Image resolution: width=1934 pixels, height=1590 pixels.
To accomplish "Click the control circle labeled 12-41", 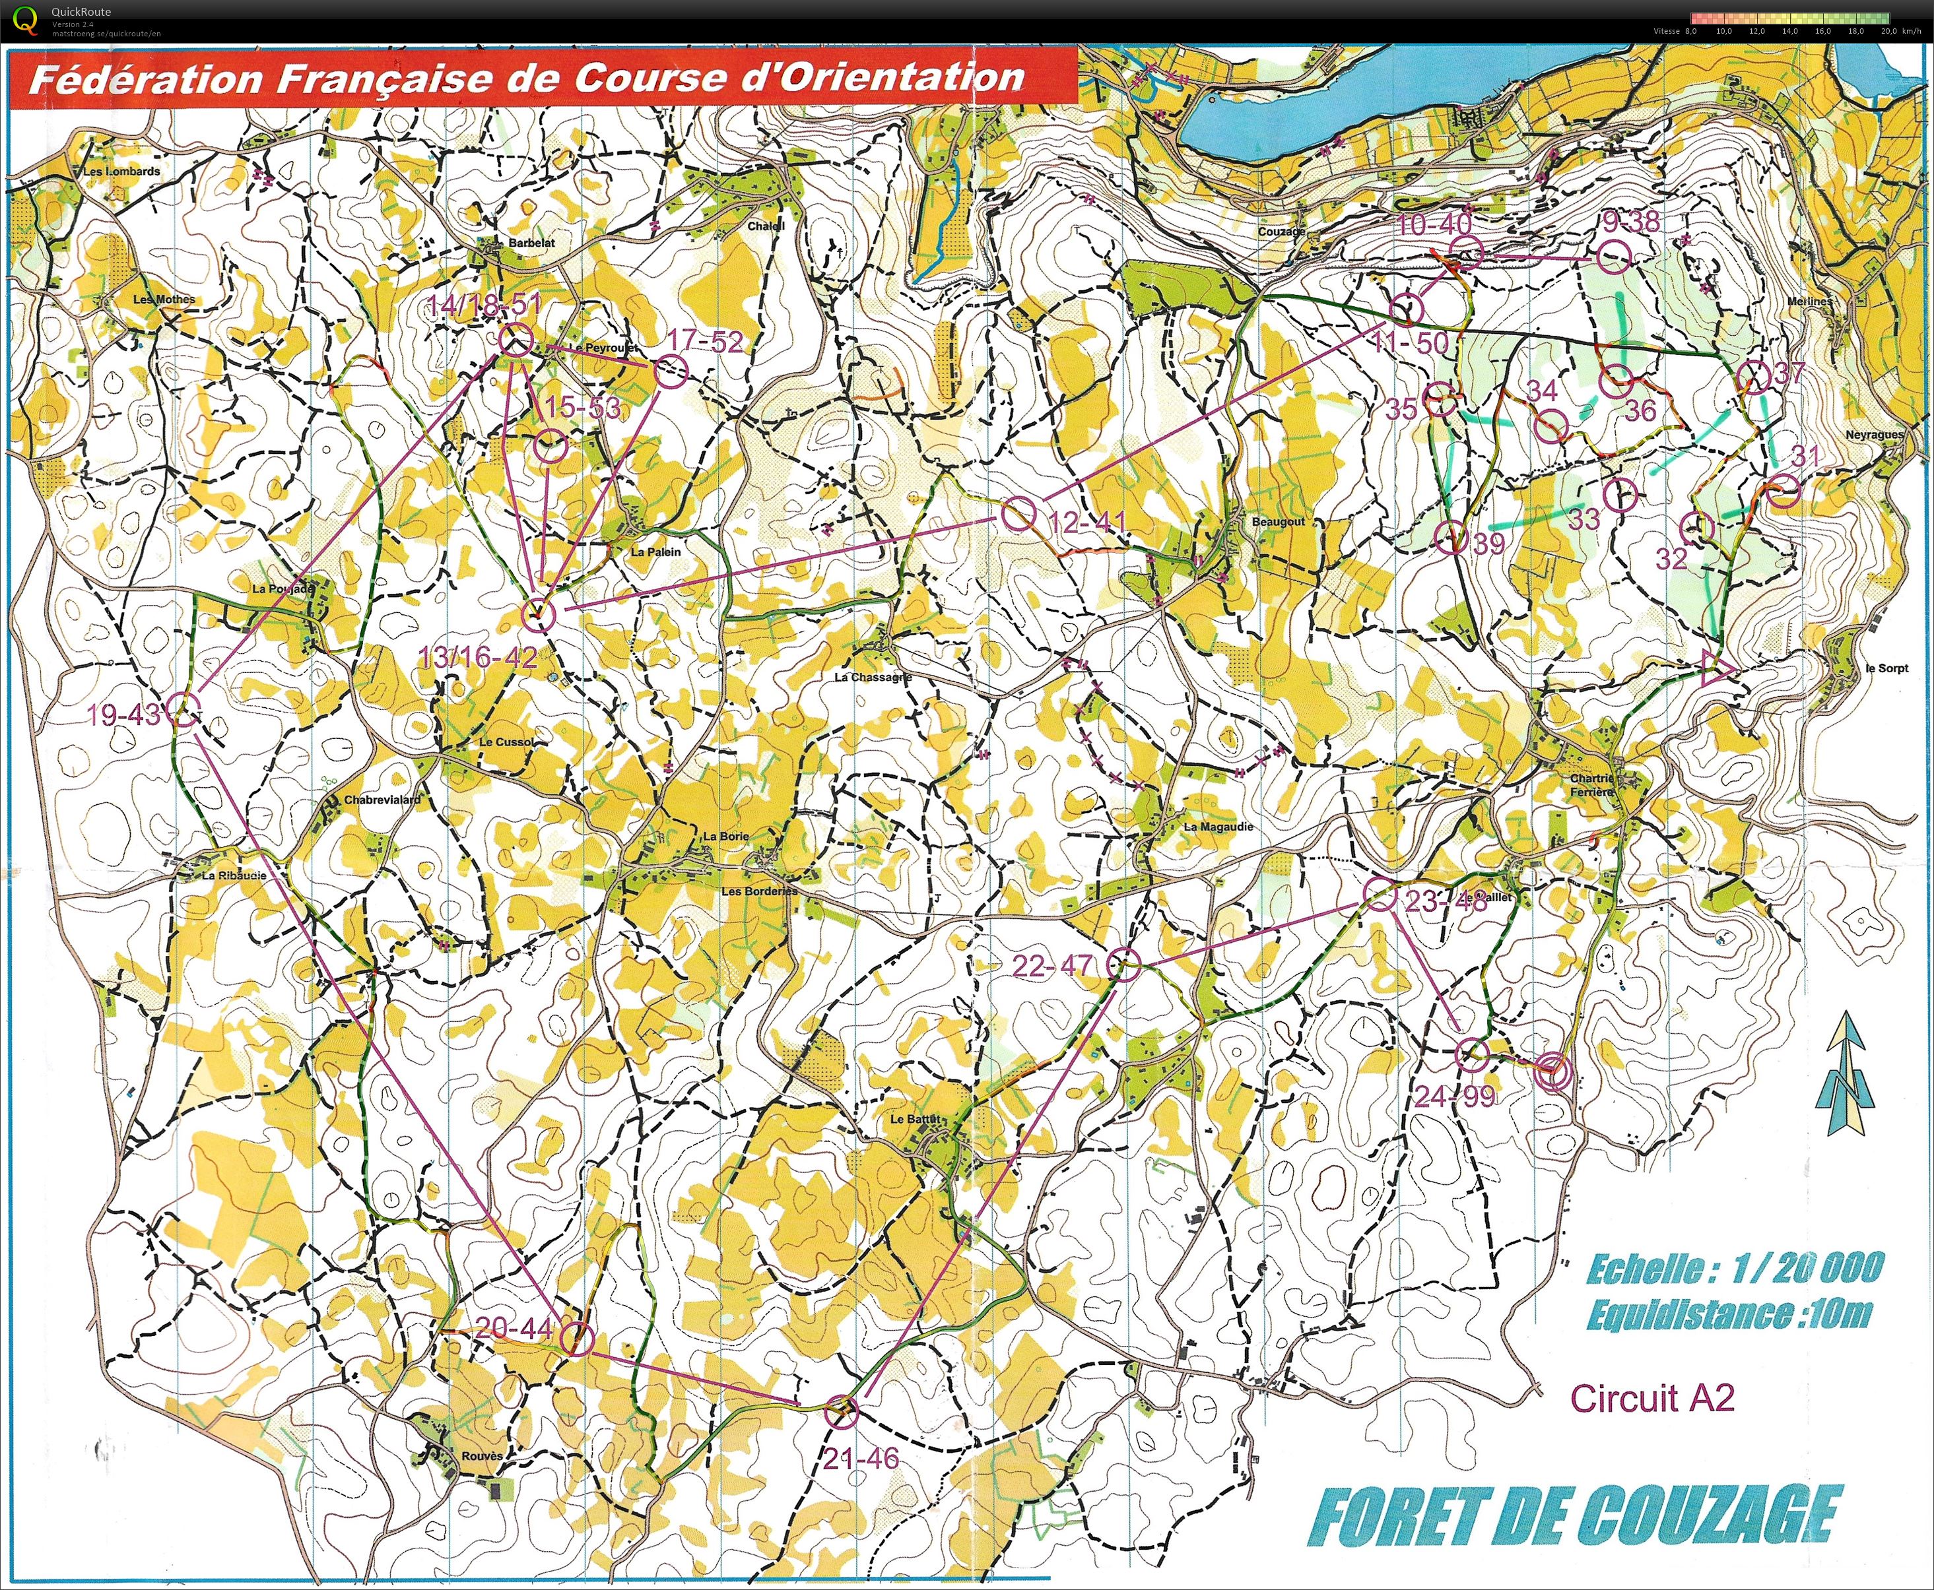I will tap(1018, 513).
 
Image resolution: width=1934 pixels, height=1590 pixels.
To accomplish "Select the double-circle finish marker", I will tap(1554, 1069).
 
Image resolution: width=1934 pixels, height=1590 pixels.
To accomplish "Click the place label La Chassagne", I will tap(872, 677).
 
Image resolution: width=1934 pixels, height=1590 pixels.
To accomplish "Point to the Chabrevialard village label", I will tap(382, 800).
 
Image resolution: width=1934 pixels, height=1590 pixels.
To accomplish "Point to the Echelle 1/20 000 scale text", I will tap(1734, 1269).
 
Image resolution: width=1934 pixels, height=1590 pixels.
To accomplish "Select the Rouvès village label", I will tap(482, 1456).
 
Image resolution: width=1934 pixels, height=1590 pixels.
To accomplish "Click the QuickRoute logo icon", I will tap(28, 18).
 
